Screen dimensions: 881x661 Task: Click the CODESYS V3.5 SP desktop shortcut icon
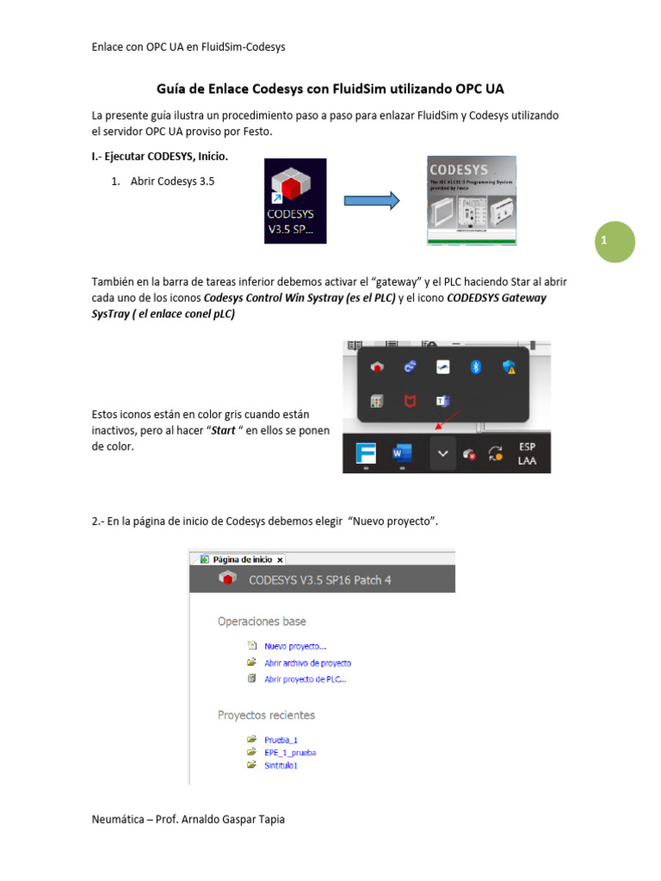[295, 201]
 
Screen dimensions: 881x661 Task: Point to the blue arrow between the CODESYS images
[372, 201]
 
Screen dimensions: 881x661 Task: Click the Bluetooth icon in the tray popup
[474, 367]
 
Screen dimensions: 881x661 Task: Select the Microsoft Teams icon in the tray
[442, 401]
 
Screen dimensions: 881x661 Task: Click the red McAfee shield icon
[410, 401]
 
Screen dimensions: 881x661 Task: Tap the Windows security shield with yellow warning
[509, 367]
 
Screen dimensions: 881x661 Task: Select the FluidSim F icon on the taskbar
[365, 453]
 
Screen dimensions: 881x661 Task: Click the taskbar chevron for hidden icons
[442, 453]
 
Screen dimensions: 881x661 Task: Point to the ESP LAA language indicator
[527, 453]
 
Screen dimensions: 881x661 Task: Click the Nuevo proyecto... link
[294, 646]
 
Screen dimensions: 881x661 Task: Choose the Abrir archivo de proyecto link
[307, 663]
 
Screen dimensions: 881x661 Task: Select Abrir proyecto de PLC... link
[305, 679]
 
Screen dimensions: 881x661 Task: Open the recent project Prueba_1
[281, 740]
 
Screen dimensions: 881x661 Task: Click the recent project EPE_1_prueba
[289, 752]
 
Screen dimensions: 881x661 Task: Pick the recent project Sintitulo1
[281, 765]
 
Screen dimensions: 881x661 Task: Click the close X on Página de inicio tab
[280, 559]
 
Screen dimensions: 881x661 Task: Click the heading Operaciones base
[262, 621]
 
